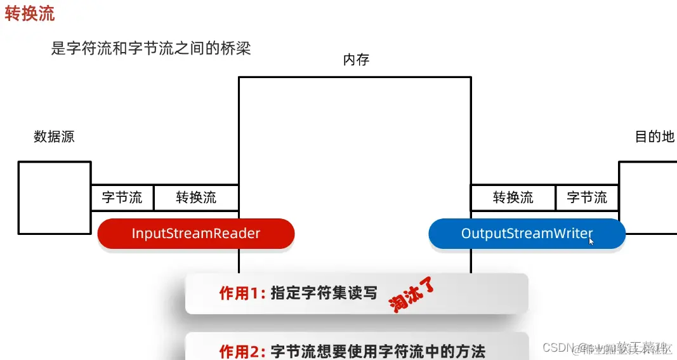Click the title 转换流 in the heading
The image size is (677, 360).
click(30, 14)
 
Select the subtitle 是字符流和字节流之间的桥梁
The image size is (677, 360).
click(151, 48)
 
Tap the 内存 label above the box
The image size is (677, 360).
click(356, 60)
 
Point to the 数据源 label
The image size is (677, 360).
click(54, 137)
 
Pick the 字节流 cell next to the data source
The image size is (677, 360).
click(122, 197)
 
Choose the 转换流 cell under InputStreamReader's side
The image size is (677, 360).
click(196, 197)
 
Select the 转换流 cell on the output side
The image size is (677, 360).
click(513, 197)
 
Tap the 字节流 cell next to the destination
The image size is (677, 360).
click(587, 197)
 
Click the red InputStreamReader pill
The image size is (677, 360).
click(196, 233)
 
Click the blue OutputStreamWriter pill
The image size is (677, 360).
click(527, 233)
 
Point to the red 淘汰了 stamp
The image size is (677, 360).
click(413, 295)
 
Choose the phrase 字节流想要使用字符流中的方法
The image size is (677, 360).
click(378, 350)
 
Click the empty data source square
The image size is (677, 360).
click(55, 197)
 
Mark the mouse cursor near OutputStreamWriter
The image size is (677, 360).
click(591, 240)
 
